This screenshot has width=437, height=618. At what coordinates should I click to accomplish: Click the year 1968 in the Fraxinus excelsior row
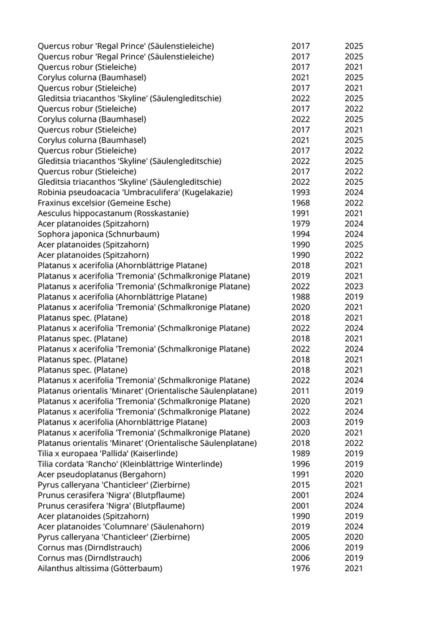coord(300,203)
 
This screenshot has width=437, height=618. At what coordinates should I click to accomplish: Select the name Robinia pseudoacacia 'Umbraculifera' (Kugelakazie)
coord(135,192)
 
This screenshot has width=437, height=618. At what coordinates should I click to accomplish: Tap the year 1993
coord(300,192)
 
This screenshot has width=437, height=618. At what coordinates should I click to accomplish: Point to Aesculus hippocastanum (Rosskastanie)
coord(104,213)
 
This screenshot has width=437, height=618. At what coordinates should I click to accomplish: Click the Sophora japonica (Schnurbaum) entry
coord(98,234)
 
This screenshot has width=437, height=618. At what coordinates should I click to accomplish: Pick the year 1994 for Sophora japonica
coord(300,234)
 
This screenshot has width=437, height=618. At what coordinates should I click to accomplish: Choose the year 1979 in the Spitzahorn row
coord(300,223)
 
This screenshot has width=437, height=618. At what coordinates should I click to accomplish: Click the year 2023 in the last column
coord(353,287)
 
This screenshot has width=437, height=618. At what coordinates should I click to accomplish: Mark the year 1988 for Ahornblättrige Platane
coord(300,297)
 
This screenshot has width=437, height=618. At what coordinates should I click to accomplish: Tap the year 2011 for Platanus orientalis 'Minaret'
coord(300,391)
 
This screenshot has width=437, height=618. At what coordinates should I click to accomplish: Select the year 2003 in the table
coord(300,422)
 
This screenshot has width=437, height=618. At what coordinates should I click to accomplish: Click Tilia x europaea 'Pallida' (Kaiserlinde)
coord(107,454)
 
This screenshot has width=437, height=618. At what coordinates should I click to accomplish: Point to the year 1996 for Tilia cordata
coord(300,464)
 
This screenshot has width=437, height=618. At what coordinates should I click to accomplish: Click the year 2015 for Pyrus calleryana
coord(300,485)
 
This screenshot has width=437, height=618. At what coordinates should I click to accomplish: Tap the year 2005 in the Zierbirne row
coord(300,537)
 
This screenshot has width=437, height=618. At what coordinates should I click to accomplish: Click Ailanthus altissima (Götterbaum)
coord(100,569)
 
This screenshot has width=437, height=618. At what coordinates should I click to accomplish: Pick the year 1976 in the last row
coord(300,569)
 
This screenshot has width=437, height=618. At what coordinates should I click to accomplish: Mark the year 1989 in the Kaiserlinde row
coord(300,454)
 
